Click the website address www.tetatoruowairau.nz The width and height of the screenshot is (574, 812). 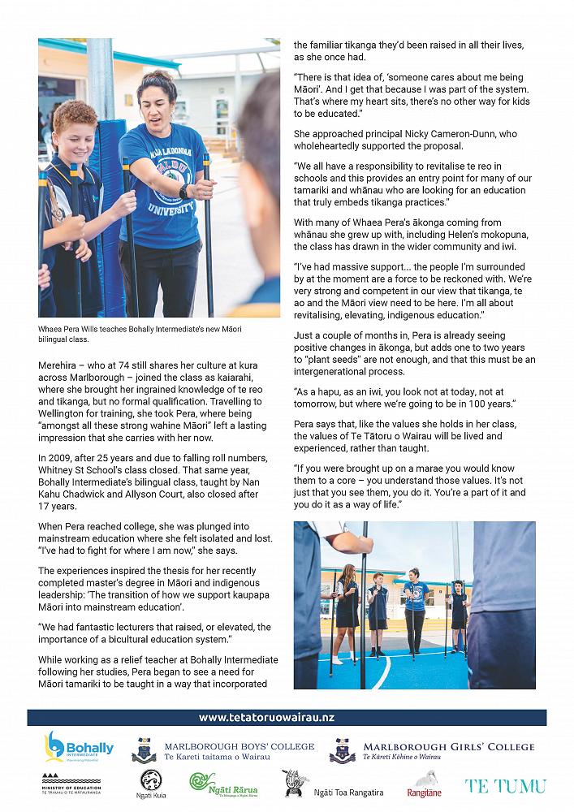266,718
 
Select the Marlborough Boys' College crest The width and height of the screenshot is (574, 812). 145,750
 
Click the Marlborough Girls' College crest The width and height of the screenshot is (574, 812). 342,750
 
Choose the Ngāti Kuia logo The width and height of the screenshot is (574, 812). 152,784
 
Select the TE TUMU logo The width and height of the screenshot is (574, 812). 505,785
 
